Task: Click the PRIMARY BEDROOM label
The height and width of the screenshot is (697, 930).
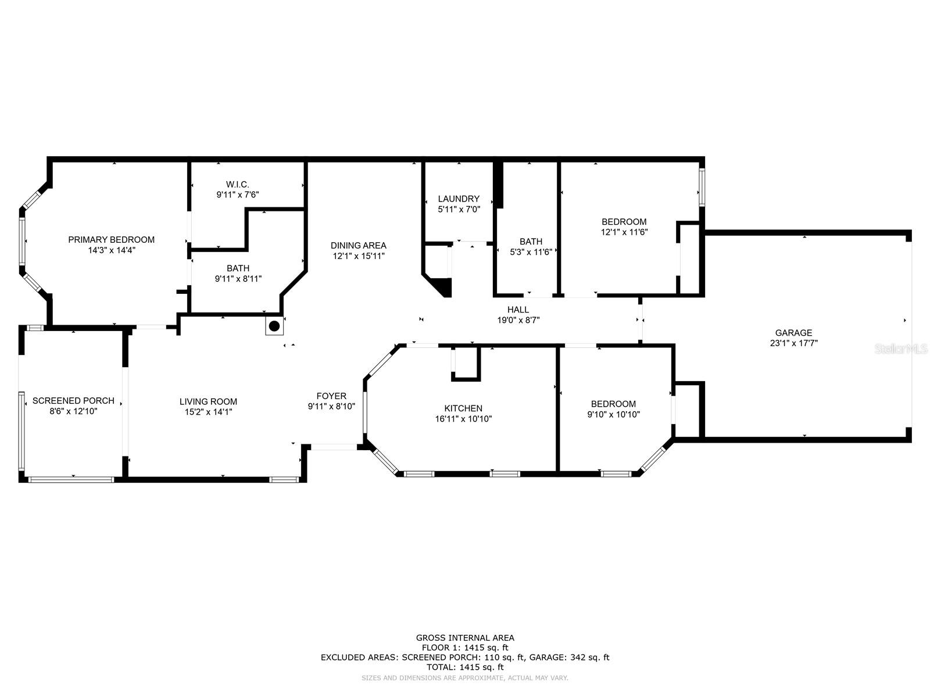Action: pyautogui.click(x=111, y=239)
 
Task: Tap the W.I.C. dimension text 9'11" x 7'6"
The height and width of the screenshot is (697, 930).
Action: pyautogui.click(x=237, y=195)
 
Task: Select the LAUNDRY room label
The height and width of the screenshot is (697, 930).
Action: pyautogui.click(x=459, y=199)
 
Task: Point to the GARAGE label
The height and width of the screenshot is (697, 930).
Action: pyautogui.click(x=793, y=333)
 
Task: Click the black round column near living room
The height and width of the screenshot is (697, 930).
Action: pyautogui.click(x=274, y=326)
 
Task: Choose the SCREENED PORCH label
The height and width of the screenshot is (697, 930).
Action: pyautogui.click(x=73, y=401)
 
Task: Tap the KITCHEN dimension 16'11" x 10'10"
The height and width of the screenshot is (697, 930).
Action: pyautogui.click(x=463, y=419)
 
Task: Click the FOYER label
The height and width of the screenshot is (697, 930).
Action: pyautogui.click(x=331, y=396)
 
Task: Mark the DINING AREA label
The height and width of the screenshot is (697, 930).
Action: pyautogui.click(x=358, y=245)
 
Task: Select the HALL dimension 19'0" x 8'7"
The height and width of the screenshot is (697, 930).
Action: pyautogui.click(x=518, y=320)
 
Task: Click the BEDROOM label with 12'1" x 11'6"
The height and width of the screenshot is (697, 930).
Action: pyautogui.click(x=624, y=221)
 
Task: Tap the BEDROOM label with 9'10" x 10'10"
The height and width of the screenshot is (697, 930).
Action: pyautogui.click(x=613, y=404)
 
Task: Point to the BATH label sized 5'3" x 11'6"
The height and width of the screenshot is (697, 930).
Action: pyautogui.click(x=531, y=241)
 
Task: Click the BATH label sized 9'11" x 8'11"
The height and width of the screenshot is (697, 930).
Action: pyautogui.click(x=238, y=268)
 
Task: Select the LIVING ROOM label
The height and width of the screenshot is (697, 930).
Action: pyautogui.click(x=208, y=401)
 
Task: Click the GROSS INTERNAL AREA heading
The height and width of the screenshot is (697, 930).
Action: pyautogui.click(x=465, y=638)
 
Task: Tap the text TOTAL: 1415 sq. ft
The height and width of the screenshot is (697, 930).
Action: pyautogui.click(x=465, y=667)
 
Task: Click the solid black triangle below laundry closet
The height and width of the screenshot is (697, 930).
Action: pyautogui.click(x=443, y=287)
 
